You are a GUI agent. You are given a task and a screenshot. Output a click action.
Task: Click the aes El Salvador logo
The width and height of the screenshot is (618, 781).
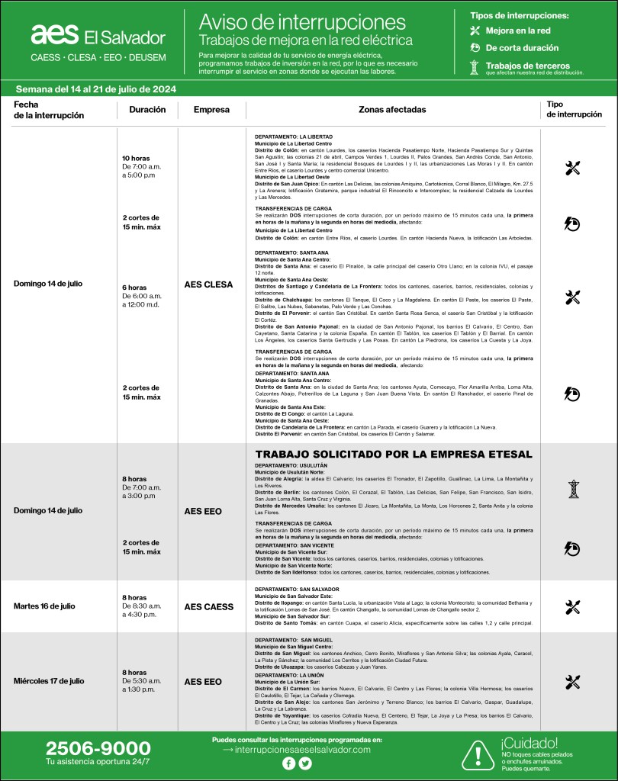click(98, 35)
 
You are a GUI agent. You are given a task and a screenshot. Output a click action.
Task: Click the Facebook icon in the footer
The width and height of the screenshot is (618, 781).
click(288, 763)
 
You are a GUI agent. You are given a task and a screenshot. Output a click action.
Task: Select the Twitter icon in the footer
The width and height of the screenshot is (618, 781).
click(305, 763)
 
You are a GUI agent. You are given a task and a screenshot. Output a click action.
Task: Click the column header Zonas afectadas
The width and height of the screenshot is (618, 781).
click(392, 110)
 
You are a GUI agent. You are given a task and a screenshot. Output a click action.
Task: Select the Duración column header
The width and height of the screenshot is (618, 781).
click(147, 110)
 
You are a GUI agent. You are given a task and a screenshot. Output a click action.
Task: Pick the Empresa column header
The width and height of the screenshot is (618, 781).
click(211, 110)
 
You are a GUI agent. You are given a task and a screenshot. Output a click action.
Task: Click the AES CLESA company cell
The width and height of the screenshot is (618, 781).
click(208, 284)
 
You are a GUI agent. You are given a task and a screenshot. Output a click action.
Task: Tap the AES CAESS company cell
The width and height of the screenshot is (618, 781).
click(208, 606)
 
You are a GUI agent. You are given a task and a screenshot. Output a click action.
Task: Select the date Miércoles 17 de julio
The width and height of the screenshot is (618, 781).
click(49, 680)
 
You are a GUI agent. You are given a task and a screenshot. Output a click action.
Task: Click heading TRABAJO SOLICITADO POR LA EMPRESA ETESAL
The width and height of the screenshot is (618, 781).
click(393, 455)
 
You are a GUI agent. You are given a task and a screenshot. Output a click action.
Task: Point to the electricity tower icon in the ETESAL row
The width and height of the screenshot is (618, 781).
click(573, 489)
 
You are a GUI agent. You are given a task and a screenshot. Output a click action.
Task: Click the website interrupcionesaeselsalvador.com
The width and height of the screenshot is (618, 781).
click(301, 750)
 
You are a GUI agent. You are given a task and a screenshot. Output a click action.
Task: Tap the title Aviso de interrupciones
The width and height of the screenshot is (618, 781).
click(301, 21)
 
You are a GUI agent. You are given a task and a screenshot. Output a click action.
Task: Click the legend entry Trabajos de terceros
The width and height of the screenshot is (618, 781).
click(526, 67)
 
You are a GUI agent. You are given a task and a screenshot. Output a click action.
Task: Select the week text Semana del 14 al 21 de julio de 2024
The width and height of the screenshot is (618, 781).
click(96, 88)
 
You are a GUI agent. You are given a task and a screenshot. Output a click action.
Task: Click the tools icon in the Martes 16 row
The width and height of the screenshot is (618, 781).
click(573, 607)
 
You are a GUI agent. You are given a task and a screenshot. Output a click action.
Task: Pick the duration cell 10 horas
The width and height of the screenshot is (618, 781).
click(137, 158)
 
